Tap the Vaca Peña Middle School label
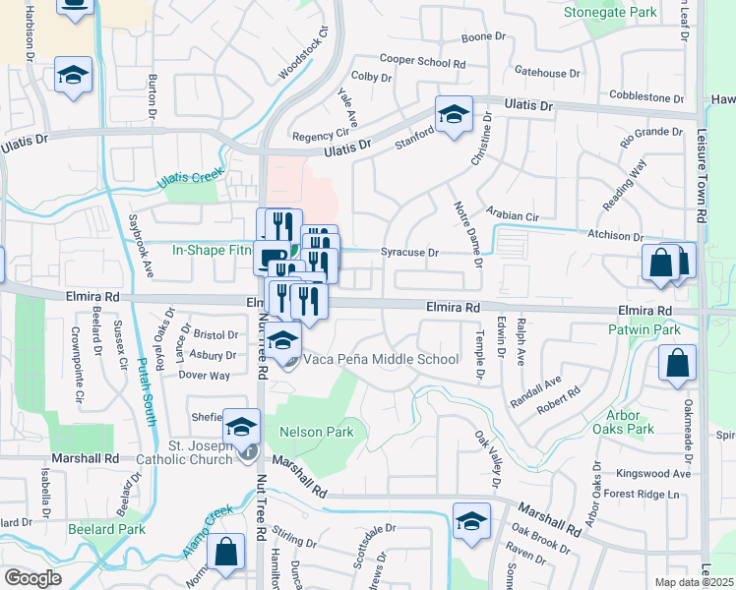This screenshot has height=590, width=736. click(x=381, y=359)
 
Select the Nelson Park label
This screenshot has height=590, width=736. click(x=316, y=432)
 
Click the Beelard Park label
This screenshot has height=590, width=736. click(x=100, y=528)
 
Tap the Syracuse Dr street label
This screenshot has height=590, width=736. click(x=409, y=253)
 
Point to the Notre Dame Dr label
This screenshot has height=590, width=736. click(x=466, y=233)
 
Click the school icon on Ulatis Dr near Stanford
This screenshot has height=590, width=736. click(x=454, y=114)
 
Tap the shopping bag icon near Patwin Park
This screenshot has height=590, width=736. click(x=678, y=363)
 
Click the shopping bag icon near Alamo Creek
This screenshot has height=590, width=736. click(x=225, y=553)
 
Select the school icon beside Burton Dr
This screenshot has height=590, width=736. click(x=73, y=77)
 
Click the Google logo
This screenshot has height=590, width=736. click(x=32, y=578)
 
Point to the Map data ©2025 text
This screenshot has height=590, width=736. click(x=694, y=582)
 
